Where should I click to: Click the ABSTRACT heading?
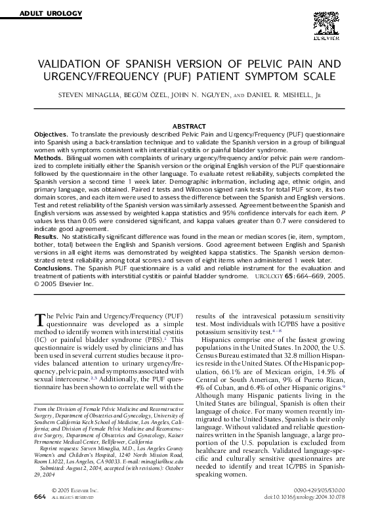click(x=188, y=125)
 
